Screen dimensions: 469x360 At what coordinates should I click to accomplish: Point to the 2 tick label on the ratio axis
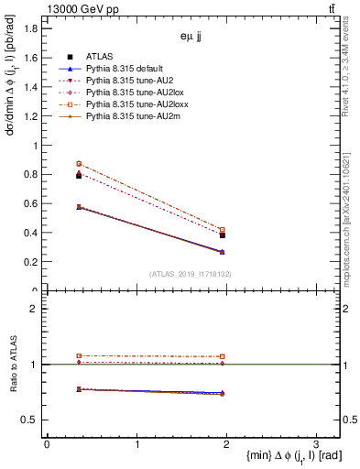pyautogui.click(x=35, y=309)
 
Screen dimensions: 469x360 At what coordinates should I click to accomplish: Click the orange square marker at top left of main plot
pyautogui.click(x=79, y=164)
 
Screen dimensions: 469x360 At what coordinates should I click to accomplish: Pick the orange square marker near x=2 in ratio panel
pyautogui.click(x=223, y=356)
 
